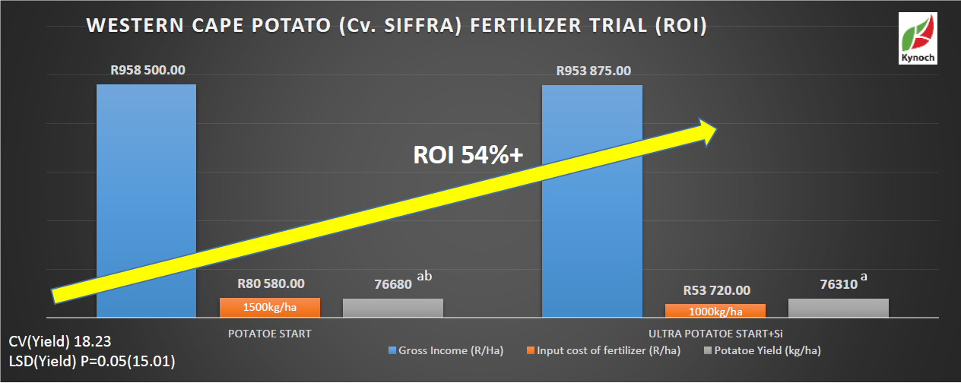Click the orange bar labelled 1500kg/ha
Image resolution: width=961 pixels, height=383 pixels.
click(270, 308)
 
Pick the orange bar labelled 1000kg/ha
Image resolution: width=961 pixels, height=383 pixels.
click(715, 311)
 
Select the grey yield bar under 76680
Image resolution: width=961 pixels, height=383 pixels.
click(393, 308)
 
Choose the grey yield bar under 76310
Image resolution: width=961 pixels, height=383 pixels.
click(839, 308)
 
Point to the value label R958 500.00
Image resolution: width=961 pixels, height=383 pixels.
click(147, 70)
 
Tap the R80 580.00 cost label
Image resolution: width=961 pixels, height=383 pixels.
click(270, 283)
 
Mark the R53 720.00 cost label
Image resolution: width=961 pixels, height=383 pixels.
click(715, 290)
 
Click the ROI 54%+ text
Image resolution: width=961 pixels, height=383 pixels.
click(468, 155)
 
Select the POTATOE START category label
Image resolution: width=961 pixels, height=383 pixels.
click(270, 334)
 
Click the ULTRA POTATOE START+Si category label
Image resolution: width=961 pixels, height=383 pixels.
click(715, 334)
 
